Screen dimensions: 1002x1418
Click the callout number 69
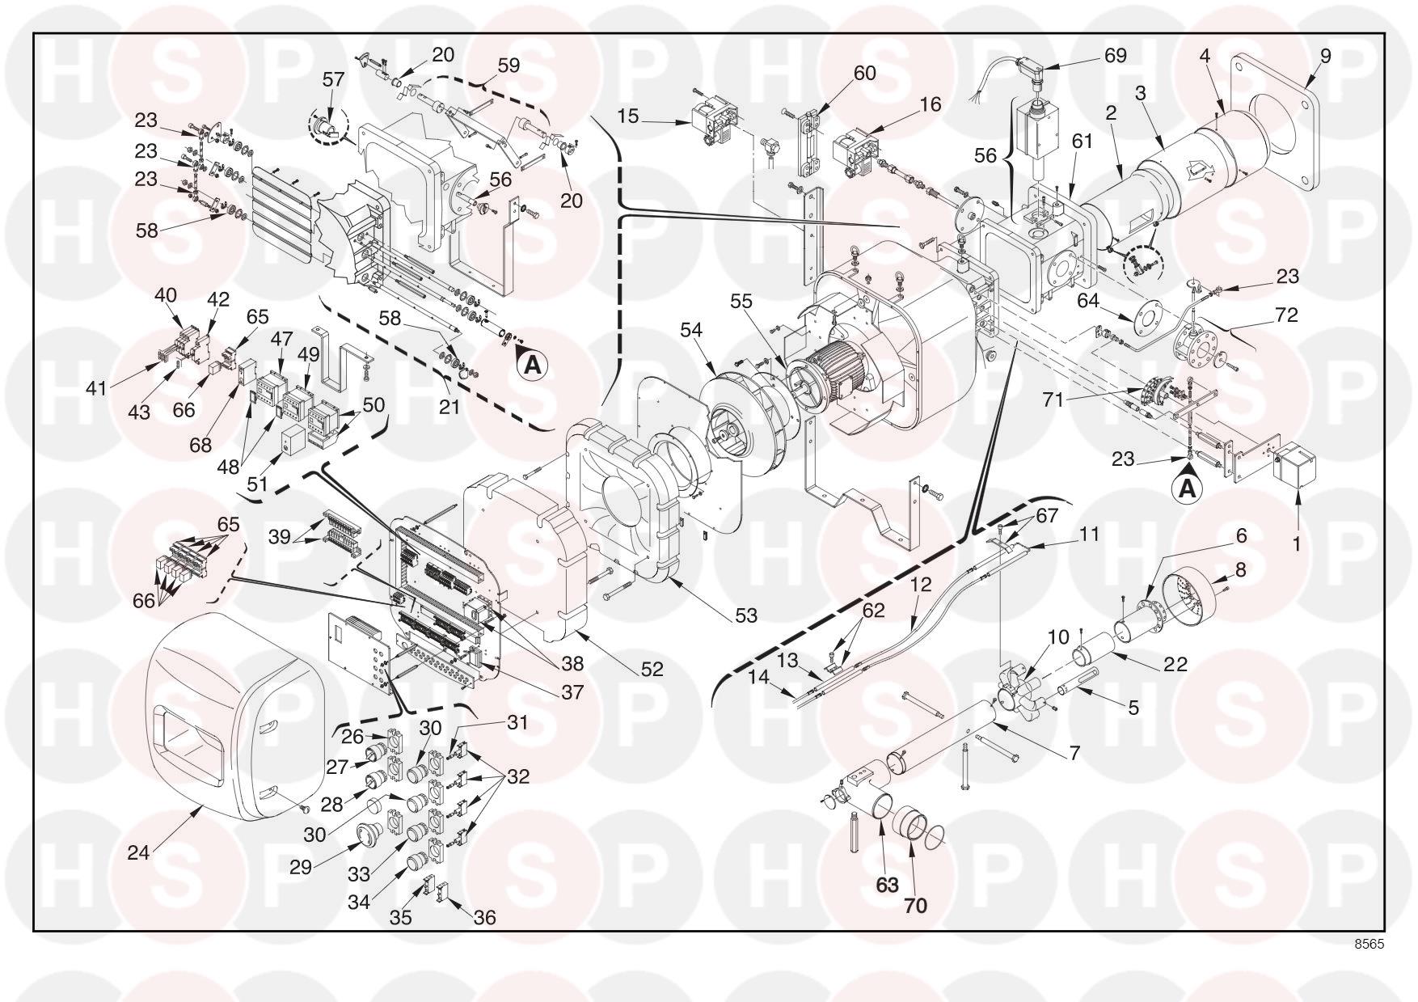tap(1115, 56)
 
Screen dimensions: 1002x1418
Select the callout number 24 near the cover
tap(138, 852)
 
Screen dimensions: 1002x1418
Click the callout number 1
tap(1297, 544)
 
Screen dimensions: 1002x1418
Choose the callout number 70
tap(915, 906)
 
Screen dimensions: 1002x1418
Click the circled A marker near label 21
tap(532, 366)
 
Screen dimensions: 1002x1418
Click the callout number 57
tap(333, 79)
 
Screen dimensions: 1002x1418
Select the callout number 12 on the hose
tap(921, 584)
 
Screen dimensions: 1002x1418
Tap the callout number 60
tap(864, 73)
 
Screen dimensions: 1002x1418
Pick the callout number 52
tap(652, 669)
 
